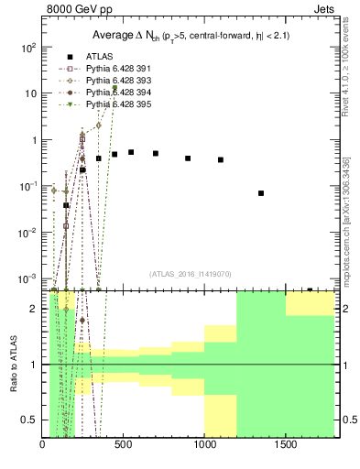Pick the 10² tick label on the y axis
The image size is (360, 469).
[29, 47]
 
